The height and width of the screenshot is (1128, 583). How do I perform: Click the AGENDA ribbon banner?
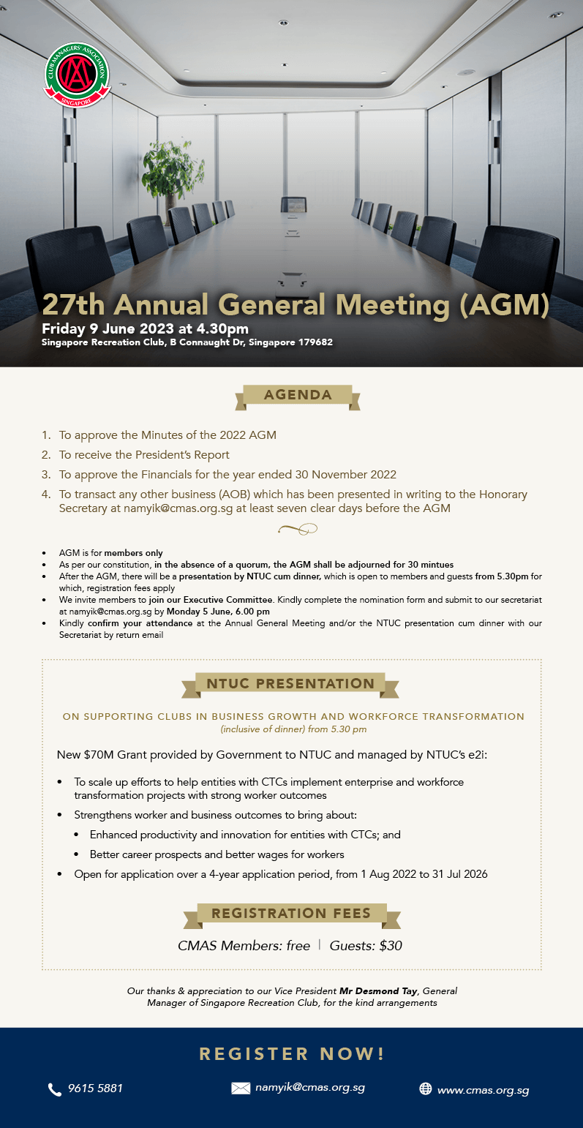pyautogui.click(x=298, y=395)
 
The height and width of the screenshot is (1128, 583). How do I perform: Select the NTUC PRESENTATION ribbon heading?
pyautogui.click(x=290, y=684)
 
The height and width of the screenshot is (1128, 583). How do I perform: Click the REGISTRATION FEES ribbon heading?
pyautogui.click(x=290, y=914)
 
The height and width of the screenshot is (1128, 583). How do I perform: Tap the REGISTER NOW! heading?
pyautogui.click(x=292, y=1054)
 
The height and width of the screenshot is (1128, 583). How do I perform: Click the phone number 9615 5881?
pyautogui.click(x=95, y=1088)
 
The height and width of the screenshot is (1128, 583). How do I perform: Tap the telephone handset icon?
pyautogui.click(x=55, y=1090)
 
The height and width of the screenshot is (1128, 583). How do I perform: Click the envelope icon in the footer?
pyautogui.click(x=241, y=1088)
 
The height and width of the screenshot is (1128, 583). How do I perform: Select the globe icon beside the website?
pyautogui.click(x=425, y=1088)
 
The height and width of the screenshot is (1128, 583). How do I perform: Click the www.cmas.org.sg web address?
pyautogui.click(x=483, y=1090)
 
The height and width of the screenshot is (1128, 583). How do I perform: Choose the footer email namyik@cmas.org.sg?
pyautogui.click(x=310, y=1088)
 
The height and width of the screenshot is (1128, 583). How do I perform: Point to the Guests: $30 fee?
pyautogui.click(x=366, y=946)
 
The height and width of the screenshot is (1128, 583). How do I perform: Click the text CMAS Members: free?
pyautogui.click(x=244, y=946)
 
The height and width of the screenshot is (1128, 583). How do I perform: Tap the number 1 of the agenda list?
pyautogui.click(x=46, y=435)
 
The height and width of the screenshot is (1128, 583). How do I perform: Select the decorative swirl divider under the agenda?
pyautogui.click(x=297, y=529)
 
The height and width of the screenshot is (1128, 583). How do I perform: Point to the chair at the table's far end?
pyautogui.click(x=294, y=204)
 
